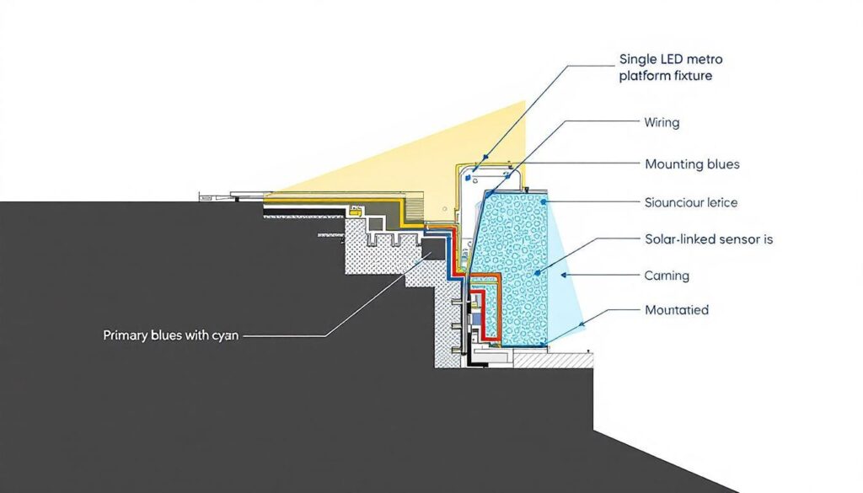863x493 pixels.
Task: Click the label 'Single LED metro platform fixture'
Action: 671,67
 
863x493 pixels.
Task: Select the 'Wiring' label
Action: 662,122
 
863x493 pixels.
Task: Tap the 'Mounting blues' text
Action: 691,164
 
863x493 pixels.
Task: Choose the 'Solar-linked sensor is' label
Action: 709,239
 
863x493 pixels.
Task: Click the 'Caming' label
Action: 667,276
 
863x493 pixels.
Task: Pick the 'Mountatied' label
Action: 676,310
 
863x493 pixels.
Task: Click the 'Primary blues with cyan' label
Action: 171,335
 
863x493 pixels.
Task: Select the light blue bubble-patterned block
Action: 514,261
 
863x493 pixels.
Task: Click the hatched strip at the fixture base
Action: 552,361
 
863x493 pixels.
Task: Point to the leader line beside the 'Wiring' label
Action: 590,122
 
